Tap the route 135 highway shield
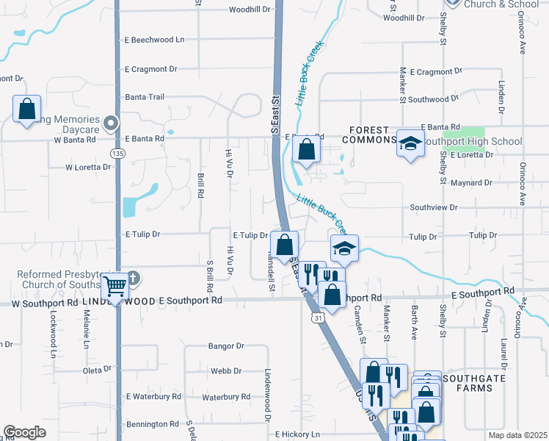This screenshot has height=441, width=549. (117, 153)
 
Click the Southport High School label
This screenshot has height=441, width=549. (473, 141)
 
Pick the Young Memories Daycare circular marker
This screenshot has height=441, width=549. (111, 123)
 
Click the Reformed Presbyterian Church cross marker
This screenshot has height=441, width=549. (133, 279)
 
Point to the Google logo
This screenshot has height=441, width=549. (24, 432)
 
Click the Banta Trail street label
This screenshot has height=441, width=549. (145, 97)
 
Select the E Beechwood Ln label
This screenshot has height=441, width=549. (155, 39)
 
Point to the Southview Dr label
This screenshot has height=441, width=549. (434, 208)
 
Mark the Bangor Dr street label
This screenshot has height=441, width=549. (225, 345)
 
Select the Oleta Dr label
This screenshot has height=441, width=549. (97, 370)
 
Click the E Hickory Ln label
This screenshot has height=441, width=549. (298, 434)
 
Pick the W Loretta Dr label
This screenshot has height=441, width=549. (88, 167)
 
